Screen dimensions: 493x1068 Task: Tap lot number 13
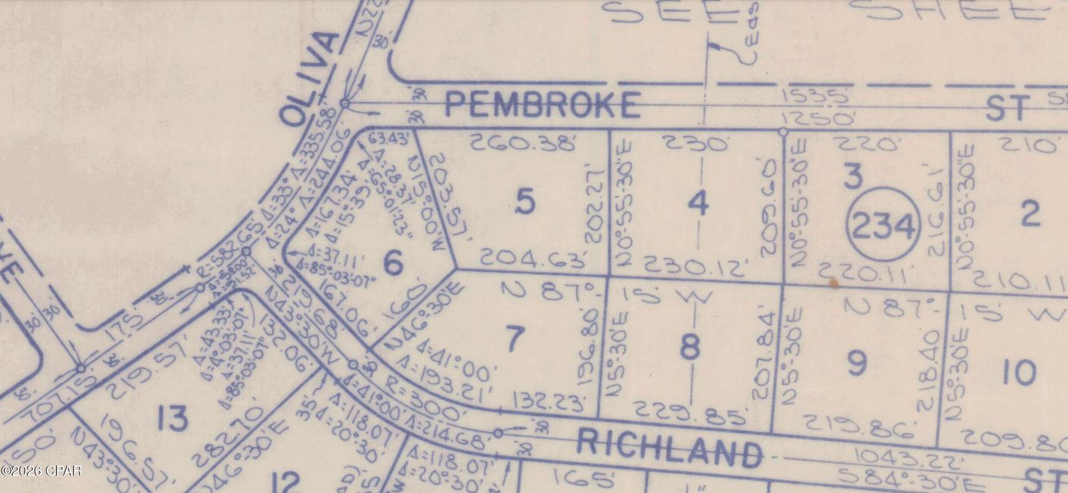pos(173,418)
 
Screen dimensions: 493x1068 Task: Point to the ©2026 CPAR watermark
pos(41,471)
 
